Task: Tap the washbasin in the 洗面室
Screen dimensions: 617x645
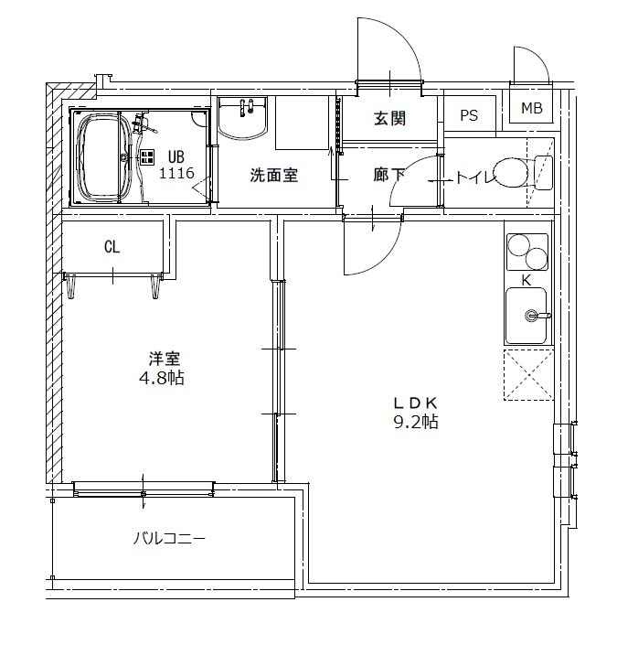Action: point(242,118)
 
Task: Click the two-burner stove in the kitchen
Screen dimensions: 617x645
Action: point(527,253)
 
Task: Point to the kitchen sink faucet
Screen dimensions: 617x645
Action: point(537,316)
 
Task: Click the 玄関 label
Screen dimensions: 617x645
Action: point(389,118)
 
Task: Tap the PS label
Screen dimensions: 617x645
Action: point(469,115)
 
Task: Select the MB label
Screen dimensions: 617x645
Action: point(532,108)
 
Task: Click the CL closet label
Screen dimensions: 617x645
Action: point(112,247)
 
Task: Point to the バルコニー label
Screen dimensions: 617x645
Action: point(169,538)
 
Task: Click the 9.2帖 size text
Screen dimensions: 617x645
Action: point(416,422)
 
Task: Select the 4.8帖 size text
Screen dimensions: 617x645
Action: point(162,378)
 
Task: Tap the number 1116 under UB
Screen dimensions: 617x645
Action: point(176,173)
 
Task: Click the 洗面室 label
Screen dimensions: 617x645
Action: point(274,176)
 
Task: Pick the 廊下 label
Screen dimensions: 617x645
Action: point(388,176)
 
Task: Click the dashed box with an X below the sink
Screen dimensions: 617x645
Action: point(528,375)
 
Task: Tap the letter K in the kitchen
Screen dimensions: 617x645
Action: point(527,281)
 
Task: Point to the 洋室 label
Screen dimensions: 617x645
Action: point(165,359)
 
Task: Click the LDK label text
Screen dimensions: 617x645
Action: point(415,403)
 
